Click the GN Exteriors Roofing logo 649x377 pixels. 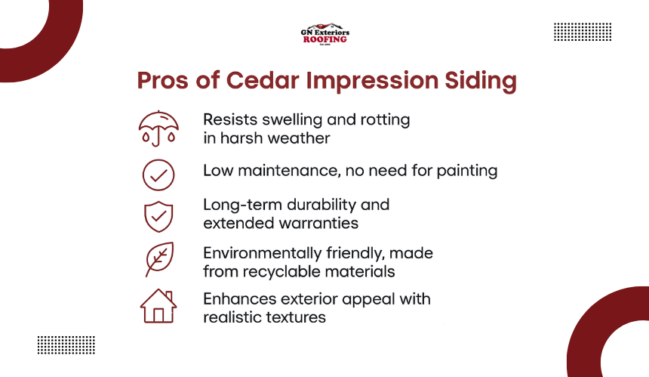[325, 34]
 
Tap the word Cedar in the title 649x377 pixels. [263, 80]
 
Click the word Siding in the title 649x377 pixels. [481, 80]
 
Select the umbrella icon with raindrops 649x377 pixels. [158, 128]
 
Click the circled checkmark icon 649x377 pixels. [158, 175]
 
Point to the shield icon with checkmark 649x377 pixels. [158, 217]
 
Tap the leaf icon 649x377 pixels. [159, 259]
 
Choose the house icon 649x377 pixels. [158, 306]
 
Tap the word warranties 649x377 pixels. [318, 224]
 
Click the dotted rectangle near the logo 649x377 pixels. [583, 32]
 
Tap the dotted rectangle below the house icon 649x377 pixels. [66, 345]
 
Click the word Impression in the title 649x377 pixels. [372, 81]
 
